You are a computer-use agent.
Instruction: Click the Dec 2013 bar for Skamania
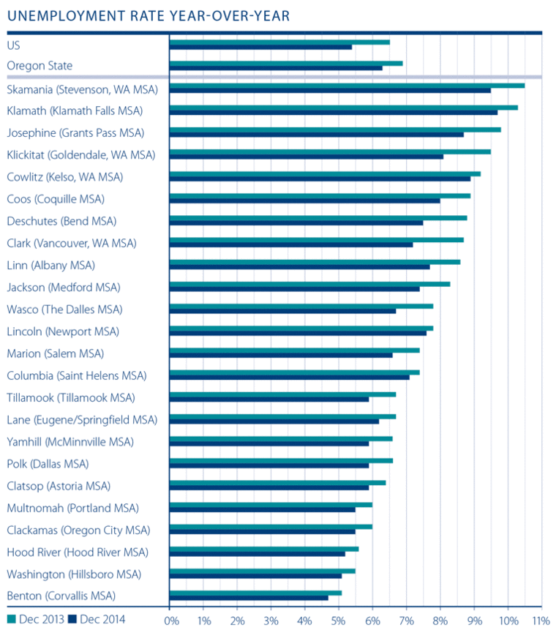click(x=347, y=86)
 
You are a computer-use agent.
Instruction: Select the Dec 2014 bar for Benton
click(x=249, y=597)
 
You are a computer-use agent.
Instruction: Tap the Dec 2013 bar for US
click(x=279, y=42)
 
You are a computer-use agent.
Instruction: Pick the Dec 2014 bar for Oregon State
click(x=276, y=68)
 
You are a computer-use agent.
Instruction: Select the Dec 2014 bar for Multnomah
click(x=262, y=509)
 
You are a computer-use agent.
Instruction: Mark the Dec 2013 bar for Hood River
click(x=264, y=548)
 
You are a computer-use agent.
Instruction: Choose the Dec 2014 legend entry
click(x=96, y=619)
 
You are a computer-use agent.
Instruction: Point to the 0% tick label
click(x=172, y=621)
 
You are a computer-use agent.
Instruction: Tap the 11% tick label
click(x=539, y=621)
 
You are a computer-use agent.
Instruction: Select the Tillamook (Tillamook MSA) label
click(x=71, y=397)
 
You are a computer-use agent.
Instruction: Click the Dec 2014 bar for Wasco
click(x=282, y=310)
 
